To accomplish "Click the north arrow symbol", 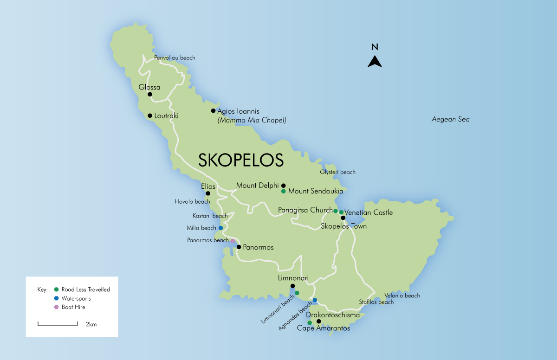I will tap(375, 61).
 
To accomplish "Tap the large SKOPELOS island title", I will tap(241, 160).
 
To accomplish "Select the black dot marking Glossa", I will tap(150, 94).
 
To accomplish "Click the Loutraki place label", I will tap(166, 116).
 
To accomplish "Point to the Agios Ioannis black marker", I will tap(213, 111).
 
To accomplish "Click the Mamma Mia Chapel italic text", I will tap(252, 120).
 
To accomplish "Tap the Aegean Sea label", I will tap(450, 120).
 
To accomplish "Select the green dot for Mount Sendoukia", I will tap(283, 191).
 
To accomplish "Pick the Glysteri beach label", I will tap(337, 172).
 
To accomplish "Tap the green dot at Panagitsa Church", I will tap(336, 211).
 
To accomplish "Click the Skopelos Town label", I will tap(343, 226).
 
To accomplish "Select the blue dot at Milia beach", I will tap(220, 228).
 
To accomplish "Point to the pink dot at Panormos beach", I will tap(233, 241).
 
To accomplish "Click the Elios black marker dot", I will tap(208, 193).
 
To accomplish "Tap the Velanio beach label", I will tap(402, 296).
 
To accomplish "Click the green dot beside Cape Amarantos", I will tap(310, 322).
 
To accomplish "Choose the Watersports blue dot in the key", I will tap(57, 298).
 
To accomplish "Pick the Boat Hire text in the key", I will tap(73, 307).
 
